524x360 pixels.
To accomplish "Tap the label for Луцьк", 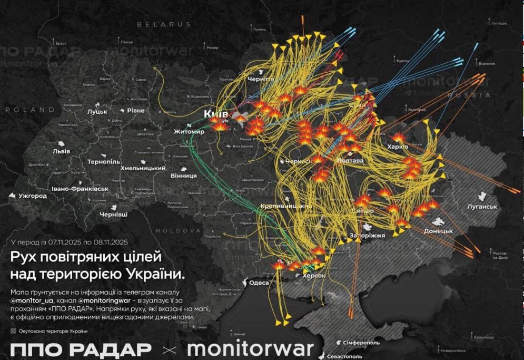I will (97, 112).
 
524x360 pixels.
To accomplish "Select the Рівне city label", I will (135, 111).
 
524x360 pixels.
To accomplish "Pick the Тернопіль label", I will (104, 161).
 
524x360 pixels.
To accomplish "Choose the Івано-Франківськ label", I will (80, 188).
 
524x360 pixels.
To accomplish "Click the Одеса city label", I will (259, 283).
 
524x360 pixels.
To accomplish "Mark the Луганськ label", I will (482, 207).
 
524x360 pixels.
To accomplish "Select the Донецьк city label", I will (438, 231).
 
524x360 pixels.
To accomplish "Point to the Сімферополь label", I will (361, 343).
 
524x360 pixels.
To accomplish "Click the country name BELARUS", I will (164, 24).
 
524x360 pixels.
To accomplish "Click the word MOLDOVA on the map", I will (179, 231).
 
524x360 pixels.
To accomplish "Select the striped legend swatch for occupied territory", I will (13, 331).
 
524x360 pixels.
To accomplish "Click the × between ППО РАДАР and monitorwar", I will (169, 349).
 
